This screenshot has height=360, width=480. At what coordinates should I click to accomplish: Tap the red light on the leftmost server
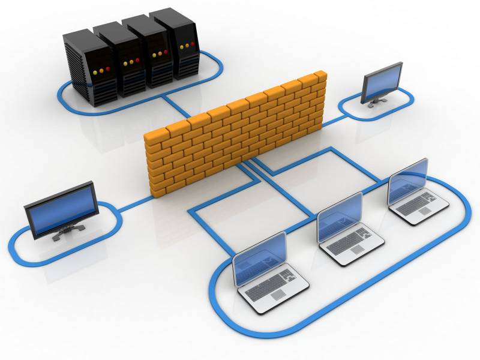109,69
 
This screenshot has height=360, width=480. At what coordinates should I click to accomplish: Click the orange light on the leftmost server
101,71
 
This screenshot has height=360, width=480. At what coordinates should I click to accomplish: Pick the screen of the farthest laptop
408,182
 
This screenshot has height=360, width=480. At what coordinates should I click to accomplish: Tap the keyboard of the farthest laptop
419,204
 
